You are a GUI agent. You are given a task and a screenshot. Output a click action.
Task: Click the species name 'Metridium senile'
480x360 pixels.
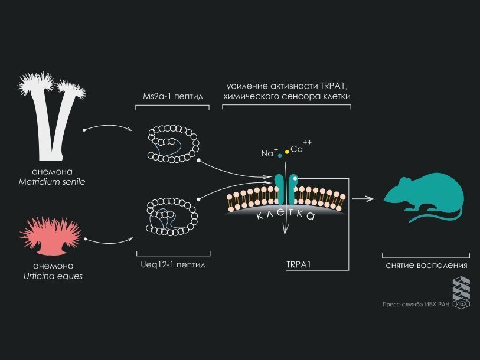(51, 181)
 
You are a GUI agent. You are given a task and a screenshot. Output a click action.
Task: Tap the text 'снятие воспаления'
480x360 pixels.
(426, 266)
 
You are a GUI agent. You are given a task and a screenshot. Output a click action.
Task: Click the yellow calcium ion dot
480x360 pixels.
(287, 152)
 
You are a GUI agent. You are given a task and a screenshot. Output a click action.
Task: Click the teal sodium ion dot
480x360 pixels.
(280, 156)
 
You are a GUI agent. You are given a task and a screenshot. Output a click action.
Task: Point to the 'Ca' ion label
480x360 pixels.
(297, 149)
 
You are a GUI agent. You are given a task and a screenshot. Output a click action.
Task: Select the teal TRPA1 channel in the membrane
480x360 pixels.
(285, 188)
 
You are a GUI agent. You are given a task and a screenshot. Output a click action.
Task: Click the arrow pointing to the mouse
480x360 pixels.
(364, 199)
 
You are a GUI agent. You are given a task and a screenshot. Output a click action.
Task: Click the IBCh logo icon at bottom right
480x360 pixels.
(461, 292)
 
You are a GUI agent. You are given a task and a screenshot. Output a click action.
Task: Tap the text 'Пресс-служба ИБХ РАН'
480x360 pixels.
(415, 305)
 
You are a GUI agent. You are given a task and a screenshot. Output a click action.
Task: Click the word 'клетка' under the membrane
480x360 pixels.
(285, 215)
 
